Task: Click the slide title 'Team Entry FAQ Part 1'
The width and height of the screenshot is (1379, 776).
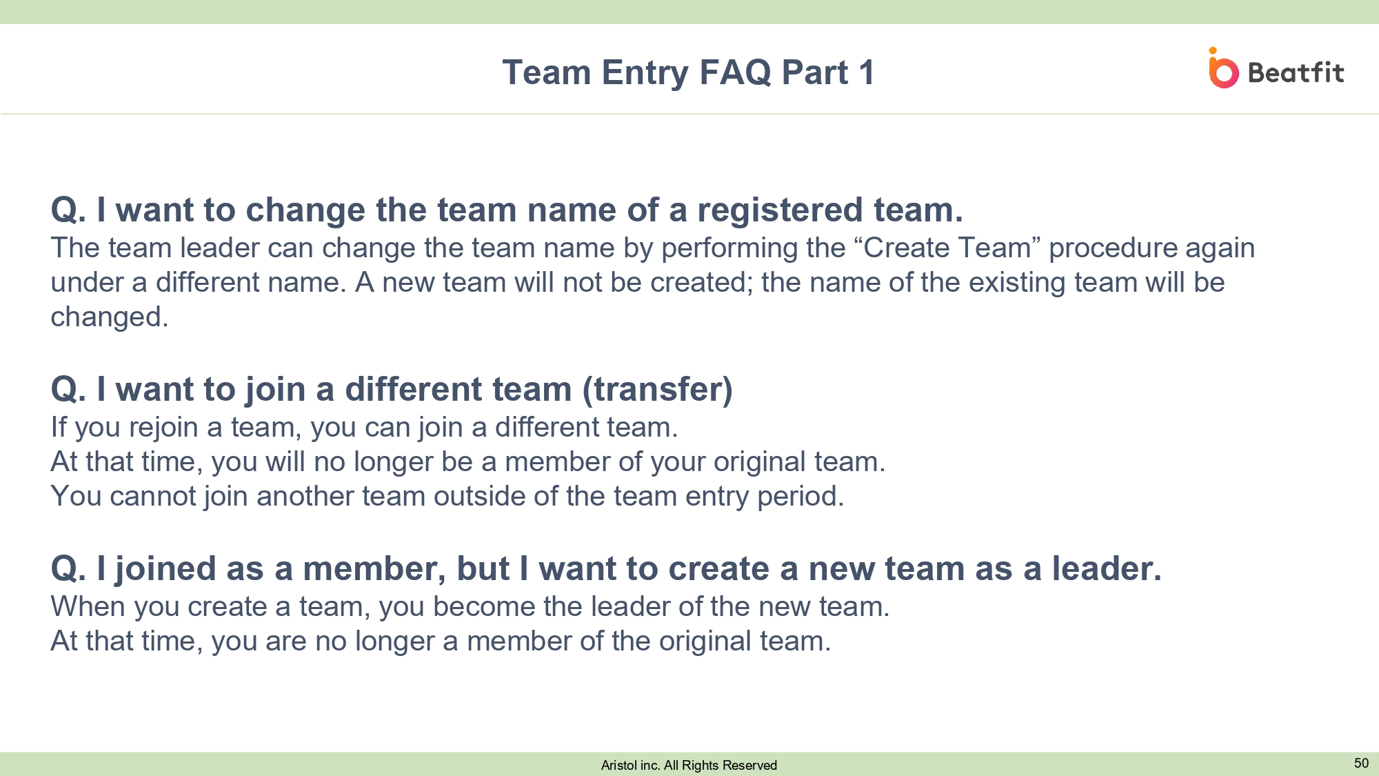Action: (689, 72)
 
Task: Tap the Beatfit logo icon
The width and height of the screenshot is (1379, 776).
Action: (1223, 68)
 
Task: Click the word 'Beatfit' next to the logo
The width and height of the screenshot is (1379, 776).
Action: (1296, 72)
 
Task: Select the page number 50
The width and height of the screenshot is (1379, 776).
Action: (1361, 763)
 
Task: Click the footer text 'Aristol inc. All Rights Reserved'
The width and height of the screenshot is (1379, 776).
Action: (689, 765)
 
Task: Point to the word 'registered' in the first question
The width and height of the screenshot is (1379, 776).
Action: (780, 210)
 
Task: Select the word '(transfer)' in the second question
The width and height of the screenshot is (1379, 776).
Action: (657, 390)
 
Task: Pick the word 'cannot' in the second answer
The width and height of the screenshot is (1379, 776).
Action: (153, 497)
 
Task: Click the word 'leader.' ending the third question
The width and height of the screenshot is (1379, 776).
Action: (1107, 569)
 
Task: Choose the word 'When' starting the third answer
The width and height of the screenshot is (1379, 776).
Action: (88, 607)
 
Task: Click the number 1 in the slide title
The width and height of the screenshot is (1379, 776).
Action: (866, 72)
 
